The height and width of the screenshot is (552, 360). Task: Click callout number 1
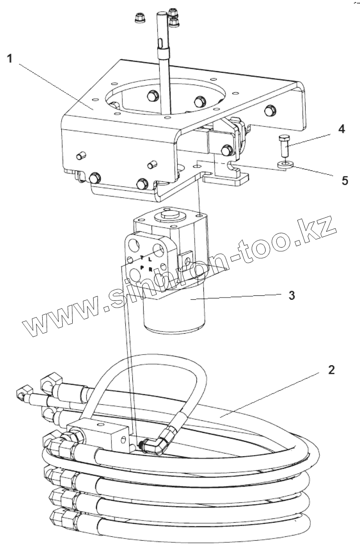pos(10,59)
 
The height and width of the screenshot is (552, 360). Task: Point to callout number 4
pos(342,129)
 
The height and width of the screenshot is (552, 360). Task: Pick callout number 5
pos(345,180)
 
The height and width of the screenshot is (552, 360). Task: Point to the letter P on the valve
pos(142,267)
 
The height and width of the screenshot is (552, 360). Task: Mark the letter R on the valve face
pos(150,268)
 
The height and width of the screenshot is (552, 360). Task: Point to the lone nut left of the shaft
pos(140,19)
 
